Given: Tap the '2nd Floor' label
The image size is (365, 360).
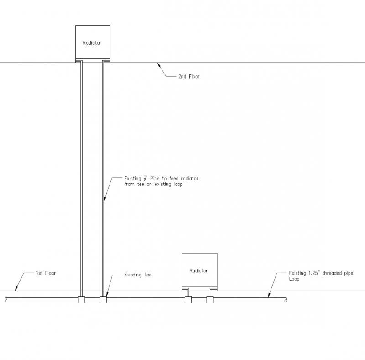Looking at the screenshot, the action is pos(189,76).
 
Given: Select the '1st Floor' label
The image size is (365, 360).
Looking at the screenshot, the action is pos(46,273).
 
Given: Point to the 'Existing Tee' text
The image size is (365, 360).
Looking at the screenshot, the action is pos(138,275).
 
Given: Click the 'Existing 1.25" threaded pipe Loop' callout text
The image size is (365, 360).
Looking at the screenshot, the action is pos(321,276).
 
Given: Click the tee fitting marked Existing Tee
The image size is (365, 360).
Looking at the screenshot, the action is pos(104,300).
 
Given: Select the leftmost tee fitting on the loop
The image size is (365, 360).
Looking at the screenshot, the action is pos(82,300).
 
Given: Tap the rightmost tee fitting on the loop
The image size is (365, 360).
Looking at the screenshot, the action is pos(210,300).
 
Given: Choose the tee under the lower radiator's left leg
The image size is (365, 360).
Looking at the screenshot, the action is pos(188,300).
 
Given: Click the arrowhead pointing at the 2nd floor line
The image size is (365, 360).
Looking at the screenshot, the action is pos(159,65).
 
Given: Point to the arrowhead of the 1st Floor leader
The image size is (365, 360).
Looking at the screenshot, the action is pos(16,288).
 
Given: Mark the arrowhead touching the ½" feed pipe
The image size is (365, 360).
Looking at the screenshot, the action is pos(105,199).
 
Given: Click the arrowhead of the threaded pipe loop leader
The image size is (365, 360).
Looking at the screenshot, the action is pos(269,295).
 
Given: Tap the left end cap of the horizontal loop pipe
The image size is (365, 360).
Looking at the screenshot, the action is pos(6,300).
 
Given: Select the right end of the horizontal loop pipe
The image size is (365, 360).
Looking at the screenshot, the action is pos(286,300).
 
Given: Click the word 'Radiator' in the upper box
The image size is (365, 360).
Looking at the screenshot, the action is pos(92,43).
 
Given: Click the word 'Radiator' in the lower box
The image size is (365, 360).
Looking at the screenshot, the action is pos(198,271).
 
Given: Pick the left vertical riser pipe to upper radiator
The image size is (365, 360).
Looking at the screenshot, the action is pos(82,179).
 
